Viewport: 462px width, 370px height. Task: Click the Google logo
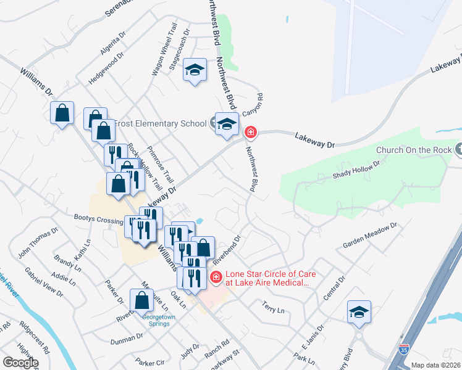click(x=20, y=363)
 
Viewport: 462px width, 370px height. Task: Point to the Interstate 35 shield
click(x=403, y=349)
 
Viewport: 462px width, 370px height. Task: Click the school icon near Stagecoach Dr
click(x=195, y=70)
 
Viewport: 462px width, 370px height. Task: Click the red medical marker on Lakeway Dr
click(x=250, y=131)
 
